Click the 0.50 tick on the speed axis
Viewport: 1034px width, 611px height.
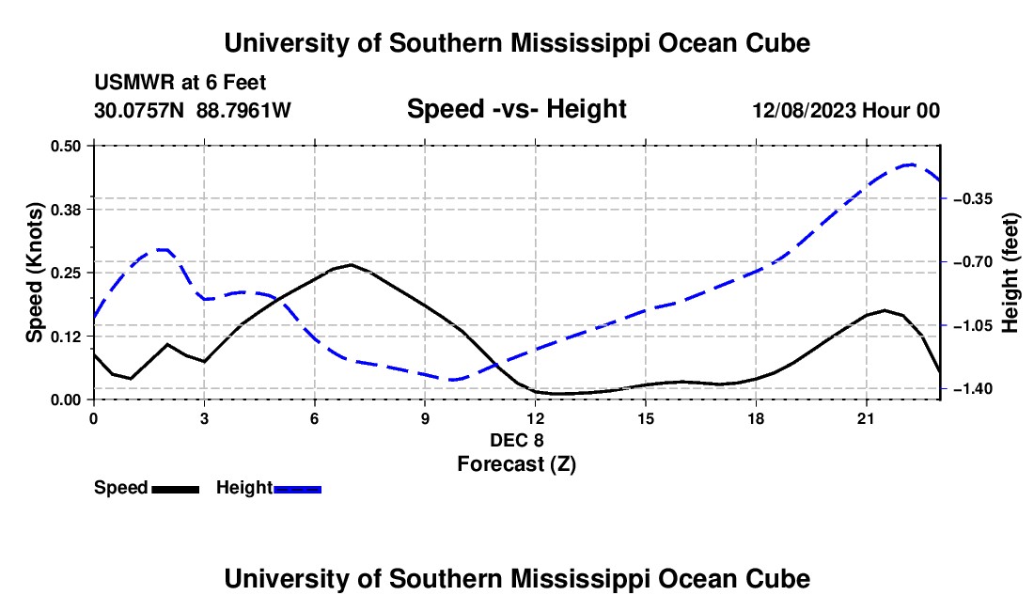coord(65,146)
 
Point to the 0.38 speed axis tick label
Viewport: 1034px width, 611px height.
coord(65,210)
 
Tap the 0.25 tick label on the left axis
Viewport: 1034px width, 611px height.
coord(65,273)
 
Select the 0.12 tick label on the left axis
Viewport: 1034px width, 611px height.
coord(65,337)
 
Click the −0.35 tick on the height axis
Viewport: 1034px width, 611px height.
coord(973,198)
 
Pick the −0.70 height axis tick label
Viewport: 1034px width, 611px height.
coord(973,262)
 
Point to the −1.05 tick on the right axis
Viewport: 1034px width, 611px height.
coord(973,325)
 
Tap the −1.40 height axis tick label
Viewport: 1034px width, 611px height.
coord(973,389)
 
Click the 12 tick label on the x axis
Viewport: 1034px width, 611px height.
coord(536,418)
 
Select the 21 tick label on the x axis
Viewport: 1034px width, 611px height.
coord(866,418)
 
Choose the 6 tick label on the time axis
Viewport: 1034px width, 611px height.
coord(315,418)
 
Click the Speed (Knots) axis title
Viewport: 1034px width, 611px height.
coord(34,273)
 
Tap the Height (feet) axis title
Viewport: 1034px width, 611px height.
coord(1010,273)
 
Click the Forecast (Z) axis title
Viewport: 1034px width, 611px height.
coord(516,464)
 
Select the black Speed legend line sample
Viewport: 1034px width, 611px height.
coord(176,489)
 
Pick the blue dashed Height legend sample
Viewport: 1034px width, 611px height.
coord(297,489)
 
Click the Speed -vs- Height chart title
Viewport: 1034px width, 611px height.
coord(516,109)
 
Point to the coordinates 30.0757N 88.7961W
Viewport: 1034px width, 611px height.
coord(193,110)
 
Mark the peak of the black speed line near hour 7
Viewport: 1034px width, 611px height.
coord(351,264)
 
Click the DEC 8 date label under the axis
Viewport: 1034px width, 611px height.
coord(516,440)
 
